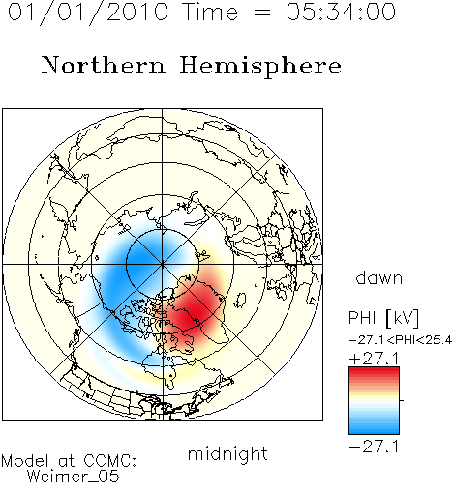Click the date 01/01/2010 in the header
(x=88, y=13)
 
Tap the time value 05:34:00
(x=341, y=12)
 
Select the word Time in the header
(x=210, y=12)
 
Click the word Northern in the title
(x=104, y=65)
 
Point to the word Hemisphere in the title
(x=260, y=67)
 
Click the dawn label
(x=379, y=277)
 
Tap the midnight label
(x=227, y=454)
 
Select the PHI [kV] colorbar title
(x=383, y=318)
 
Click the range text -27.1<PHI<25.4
(x=400, y=340)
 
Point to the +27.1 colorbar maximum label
(x=374, y=359)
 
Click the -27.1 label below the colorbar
(x=374, y=447)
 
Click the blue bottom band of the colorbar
(x=374, y=428)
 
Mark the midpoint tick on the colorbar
(x=402, y=400)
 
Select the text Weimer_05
(x=74, y=477)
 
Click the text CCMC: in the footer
(x=109, y=461)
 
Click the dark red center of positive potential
(x=194, y=312)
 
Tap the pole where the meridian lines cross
(x=163, y=265)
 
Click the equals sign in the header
(x=262, y=13)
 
